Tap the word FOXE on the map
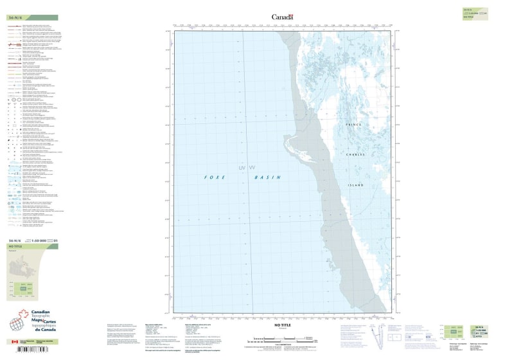[212, 177]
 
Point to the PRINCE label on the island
[353, 124]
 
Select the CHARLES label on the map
[355, 154]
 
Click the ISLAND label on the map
[356, 185]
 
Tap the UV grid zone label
[242, 168]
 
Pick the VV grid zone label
[252, 168]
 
